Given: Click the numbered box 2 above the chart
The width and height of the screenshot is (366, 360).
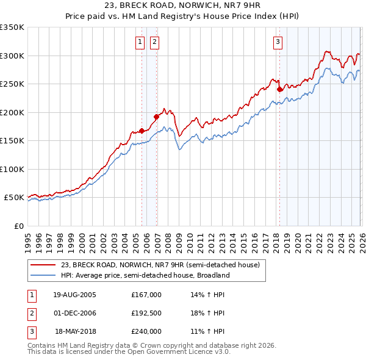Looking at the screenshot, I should pyautogui.click(x=154, y=41).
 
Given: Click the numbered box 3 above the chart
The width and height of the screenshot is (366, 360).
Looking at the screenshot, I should pyautogui.click(x=278, y=41).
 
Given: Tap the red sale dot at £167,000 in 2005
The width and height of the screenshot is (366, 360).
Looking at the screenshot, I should pyautogui.click(x=142, y=131).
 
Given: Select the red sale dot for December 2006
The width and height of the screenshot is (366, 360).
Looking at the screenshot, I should pyautogui.click(x=156, y=117).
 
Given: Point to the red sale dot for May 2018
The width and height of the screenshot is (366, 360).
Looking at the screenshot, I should pyautogui.click(x=279, y=89).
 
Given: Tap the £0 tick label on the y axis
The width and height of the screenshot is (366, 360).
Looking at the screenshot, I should pyautogui.click(x=18, y=226).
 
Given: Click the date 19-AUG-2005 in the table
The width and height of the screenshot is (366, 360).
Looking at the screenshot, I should pyautogui.click(x=74, y=295).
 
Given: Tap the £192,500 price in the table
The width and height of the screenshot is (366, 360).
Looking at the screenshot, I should pyautogui.click(x=146, y=313).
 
